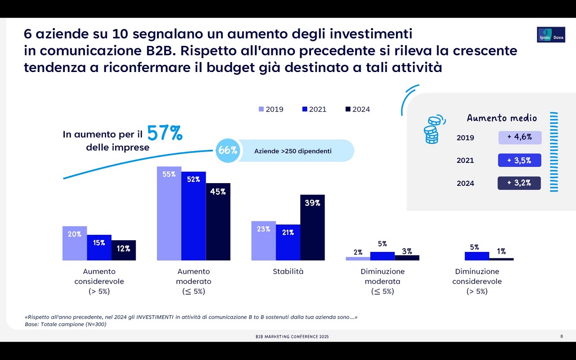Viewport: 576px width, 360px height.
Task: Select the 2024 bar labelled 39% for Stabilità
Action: pos(312,227)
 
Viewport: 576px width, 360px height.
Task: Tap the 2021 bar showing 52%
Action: pos(193,216)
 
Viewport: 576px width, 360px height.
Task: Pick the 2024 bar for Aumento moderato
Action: pos(218,221)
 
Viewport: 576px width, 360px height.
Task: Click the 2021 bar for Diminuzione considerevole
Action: pos(477,256)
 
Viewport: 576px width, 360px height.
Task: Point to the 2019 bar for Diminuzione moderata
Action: pos(358,259)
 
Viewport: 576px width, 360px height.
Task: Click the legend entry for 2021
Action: pos(314,109)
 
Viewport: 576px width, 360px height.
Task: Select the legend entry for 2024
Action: pos(357,109)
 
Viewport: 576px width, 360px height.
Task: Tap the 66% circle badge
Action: pos(228,151)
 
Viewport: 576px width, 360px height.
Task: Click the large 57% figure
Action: pos(165,133)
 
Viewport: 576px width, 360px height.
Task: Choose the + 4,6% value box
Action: pos(520,137)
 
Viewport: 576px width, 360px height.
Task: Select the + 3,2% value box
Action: pos(519,183)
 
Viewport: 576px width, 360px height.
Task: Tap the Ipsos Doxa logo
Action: pos(551,35)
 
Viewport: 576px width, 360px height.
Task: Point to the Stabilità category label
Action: pos(288,271)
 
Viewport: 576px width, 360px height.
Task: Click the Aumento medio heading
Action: pos(502,118)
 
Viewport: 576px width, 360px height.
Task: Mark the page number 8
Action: pos(561,336)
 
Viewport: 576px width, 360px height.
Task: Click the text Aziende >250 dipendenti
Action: pos(293,151)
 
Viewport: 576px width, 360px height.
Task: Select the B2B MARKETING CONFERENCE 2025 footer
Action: pos(292,337)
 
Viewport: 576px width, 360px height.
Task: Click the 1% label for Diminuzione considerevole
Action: pos(501,252)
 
